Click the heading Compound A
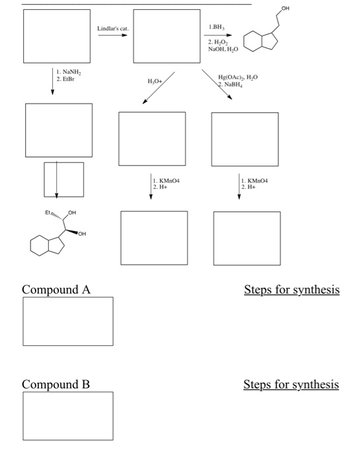click(56, 289)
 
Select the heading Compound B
click(56, 384)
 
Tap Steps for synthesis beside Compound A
click(291, 289)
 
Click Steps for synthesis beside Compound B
click(291, 384)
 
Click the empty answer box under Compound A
click(67, 321)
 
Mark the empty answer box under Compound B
click(67, 416)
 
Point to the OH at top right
click(285, 8)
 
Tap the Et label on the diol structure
click(48, 213)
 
